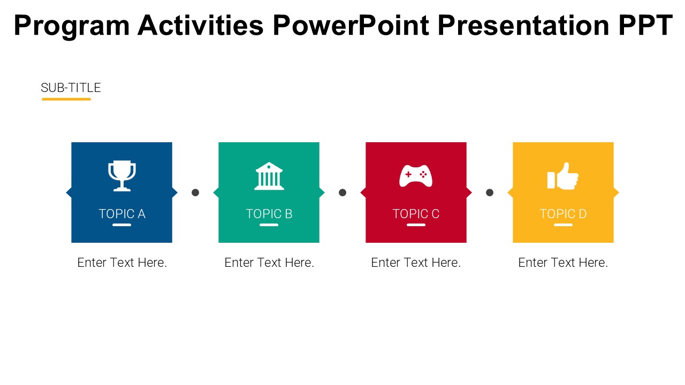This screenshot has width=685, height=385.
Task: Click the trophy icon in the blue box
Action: [x=122, y=176]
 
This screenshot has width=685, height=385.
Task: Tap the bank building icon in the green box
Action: [x=269, y=176]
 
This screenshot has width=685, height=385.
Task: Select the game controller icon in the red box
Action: [x=416, y=175]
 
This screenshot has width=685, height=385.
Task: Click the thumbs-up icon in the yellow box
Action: [x=563, y=176]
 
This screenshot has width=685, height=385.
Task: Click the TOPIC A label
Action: [x=122, y=214]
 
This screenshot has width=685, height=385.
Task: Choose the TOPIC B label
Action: [x=269, y=214]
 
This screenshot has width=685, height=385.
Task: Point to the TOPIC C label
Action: [x=416, y=214]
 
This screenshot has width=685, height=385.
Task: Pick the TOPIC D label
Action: [x=563, y=214]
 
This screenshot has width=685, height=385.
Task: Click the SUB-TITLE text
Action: [x=71, y=88]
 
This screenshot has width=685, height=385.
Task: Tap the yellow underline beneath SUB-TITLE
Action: [x=66, y=99]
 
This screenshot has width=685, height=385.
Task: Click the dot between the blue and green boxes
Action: [x=195, y=192]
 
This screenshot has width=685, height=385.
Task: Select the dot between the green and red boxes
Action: [x=342, y=192]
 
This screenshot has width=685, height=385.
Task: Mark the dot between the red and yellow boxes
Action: [x=490, y=192]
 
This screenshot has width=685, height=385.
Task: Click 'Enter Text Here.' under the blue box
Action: [x=122, y=263]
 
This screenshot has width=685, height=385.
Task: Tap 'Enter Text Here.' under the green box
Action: [x=269, y=263]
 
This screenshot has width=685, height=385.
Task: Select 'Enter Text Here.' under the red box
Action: [x=416, y=263]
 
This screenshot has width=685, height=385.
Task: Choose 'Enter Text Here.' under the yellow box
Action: [x=563, y=263]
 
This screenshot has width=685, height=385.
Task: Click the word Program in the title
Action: [x=71, y=26]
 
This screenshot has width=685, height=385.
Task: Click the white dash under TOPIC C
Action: [x=416, y=225]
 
